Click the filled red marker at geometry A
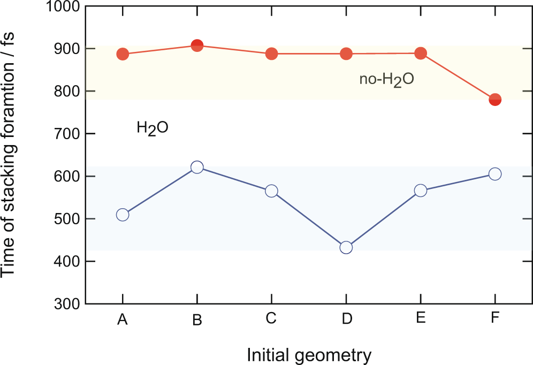tap(123, 54)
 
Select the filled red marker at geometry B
tap(197, 45)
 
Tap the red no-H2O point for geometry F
tap(495, 100)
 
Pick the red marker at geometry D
tap(346, 54)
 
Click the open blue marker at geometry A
tap(123, 215)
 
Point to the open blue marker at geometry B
tap(197, 167)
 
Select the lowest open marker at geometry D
tap(346, 247)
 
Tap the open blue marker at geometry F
tap(495, 174)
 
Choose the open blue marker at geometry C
tap(271, 191)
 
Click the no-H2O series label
tap(387, 81)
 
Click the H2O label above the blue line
tap(153, 128)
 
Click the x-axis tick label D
tap(346, 320)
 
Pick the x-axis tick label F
tap(495, 319)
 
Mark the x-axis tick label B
tap(197, 320)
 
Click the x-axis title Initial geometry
tap(309, 354)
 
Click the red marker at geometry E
tap(421, 53)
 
